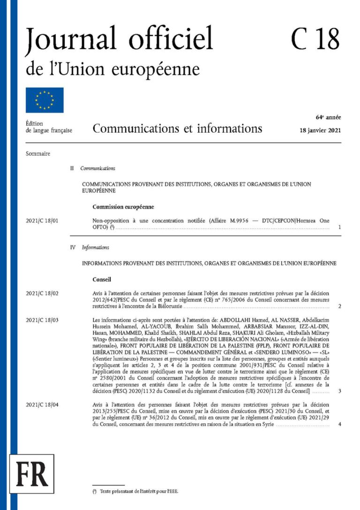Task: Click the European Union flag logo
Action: [45, 100]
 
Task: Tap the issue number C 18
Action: [315, 39]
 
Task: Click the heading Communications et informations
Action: [177, 129]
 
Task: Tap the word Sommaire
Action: [38, 153]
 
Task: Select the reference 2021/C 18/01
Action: [44, 220]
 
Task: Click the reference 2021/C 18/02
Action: [44, 293]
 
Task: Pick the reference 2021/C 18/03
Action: [44, 320]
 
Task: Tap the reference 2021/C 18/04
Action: [44, 404]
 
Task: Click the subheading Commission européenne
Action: [123, 207]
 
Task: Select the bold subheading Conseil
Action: [102, 280]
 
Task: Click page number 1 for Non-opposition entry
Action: [339, 228]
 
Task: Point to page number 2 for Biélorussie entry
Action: [339, 307]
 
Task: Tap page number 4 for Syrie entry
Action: [339, 425]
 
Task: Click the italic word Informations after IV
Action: [95, 247]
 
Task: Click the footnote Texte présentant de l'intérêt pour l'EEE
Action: [138, 491]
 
